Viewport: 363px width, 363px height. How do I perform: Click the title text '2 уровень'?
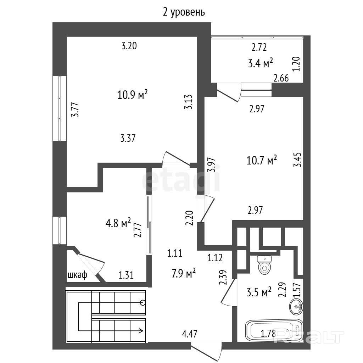pos(184,12)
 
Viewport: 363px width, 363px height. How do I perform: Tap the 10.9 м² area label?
pos(133,94)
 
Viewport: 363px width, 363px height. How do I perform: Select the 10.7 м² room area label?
pos(262,160)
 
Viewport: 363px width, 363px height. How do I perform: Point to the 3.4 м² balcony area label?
pos(261,63)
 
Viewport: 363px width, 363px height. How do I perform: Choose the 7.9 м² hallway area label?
pos(184,273)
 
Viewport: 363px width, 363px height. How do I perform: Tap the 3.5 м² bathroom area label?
pos(259,292)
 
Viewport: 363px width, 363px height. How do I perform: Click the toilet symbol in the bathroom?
pos(264,265)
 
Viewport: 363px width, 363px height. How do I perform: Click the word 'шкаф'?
pos(77,275)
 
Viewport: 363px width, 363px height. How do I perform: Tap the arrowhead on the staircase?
pos(141,330)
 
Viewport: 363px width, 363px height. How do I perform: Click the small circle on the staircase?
pos(143,303)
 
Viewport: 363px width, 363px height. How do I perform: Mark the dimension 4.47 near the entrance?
pos(190,334)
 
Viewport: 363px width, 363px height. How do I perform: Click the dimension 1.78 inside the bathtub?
pos(268,334)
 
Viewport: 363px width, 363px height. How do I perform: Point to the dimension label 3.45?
pos(297,160)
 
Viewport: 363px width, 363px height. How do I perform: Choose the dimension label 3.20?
pos(129,46)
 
